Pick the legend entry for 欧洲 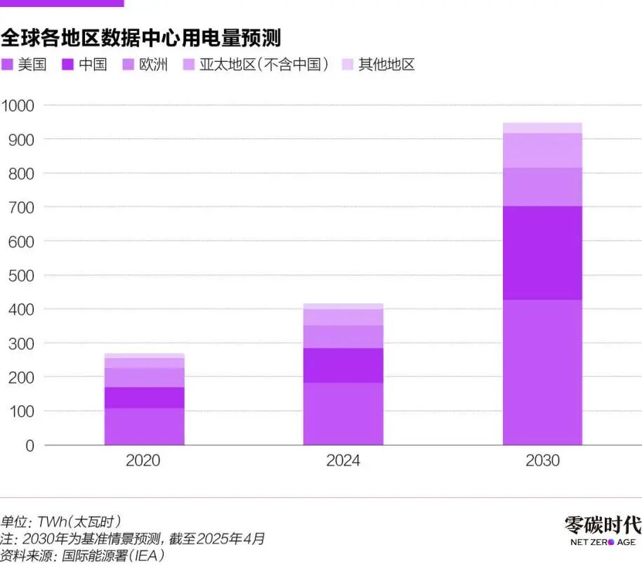(145, 65)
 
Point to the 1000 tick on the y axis (20, 105)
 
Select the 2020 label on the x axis (144, 461)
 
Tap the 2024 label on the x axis (343, 461)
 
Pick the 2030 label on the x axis (542, 461)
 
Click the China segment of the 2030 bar (542, 253)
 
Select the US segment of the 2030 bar (542, 372)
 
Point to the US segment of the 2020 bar (144, 426)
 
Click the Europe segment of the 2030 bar (542, 187)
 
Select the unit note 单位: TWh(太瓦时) (61, 522)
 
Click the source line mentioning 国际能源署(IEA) (82, 556)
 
